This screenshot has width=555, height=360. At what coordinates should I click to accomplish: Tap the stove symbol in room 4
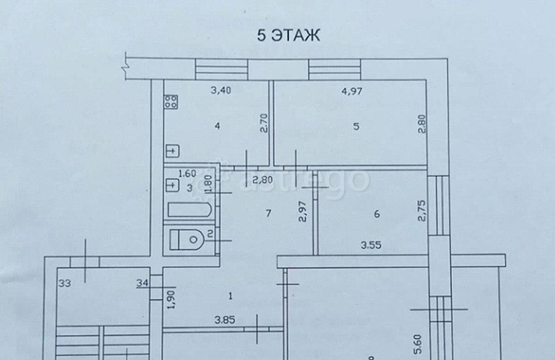click(x=171, y=102)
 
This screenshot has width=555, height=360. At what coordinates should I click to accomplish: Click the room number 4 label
click(x=218, y=126)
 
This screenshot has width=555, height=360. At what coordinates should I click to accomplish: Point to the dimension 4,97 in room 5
click(x=351, y=92)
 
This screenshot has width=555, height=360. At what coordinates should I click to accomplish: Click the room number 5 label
click(x=356, y=126)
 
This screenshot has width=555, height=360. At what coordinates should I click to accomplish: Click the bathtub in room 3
click(x=189, y=211)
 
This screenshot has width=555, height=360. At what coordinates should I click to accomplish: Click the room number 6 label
click(x=377, y=215)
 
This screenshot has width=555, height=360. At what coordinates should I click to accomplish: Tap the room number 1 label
click(x=230, y=296)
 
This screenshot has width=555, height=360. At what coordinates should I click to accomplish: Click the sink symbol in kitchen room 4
click(x=172, y=150)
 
